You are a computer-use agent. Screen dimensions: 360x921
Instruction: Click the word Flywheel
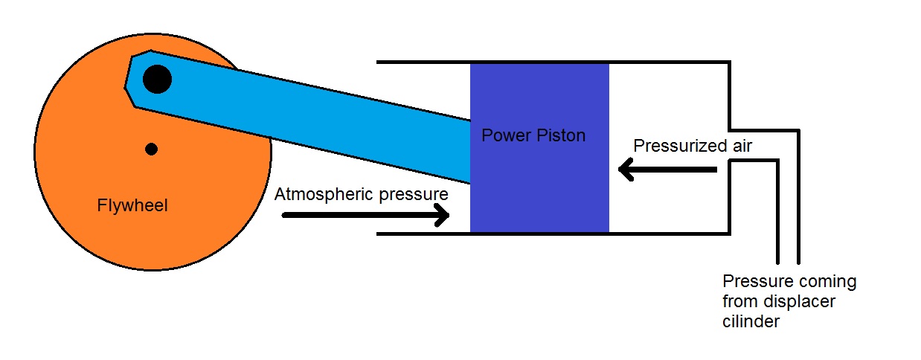click(x=132, y=206)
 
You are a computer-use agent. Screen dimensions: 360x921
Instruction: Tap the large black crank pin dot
click(x=157, y=78)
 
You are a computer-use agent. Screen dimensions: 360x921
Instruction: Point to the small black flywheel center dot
click(x=152, y=149)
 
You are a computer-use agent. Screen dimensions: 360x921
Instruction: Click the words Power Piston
click(x=533, y=136)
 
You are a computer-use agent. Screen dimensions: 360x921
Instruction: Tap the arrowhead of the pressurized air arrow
click(x=626, y=171)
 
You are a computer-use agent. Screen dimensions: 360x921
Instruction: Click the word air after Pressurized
click(x=737, y=146)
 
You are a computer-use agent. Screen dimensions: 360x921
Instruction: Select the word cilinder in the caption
click(x=751, y=321)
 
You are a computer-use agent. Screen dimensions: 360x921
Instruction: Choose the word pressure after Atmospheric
click(x=414, y=194)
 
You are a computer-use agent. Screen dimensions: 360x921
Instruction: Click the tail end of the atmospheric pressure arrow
click(x=285, y=216)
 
